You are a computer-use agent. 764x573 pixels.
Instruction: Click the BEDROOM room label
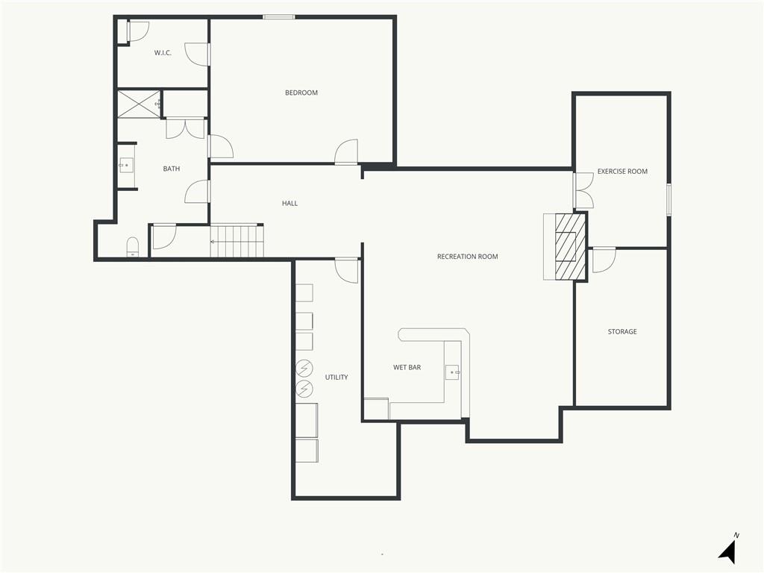coord(301,93)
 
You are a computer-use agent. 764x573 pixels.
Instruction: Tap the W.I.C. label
coord(163,53)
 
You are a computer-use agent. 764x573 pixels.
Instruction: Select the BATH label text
coord(172,169)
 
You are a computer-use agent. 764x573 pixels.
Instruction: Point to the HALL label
coord(290,203)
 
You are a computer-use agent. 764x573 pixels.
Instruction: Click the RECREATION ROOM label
coord(467,257)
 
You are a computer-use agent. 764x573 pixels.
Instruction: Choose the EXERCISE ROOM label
coord(622,171)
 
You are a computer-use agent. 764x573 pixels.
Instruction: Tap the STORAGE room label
coord(622,331)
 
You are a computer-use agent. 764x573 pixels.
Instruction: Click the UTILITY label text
coord(336,377)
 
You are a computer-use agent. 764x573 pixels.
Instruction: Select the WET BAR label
coord(407,367)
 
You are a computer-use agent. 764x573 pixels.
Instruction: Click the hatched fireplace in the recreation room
coord(571,247)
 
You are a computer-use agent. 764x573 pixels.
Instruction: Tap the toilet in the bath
coord(133,247)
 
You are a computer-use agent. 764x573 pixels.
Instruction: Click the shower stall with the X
coord(139,104)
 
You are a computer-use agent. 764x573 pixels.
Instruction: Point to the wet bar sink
coord(453,372)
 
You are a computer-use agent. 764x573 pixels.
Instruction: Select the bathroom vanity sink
coord(126,166)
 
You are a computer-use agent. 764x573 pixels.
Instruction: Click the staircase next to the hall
coord(237,241)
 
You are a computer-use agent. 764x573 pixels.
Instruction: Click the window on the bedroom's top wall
coord(279,17)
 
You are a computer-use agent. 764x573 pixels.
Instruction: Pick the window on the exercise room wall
coord(669,199)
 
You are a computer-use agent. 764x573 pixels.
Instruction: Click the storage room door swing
coord(604,260)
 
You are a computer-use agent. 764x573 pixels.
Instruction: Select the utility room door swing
coord(346,270)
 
